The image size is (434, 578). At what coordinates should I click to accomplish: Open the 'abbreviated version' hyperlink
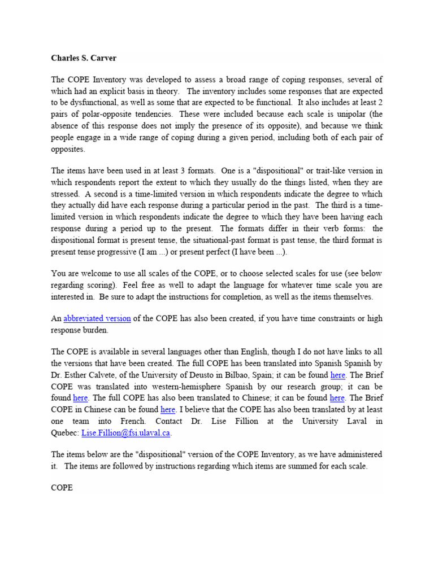(x=97, y=319)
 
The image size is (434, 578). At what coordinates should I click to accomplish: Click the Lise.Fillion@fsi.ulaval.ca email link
(x=126, y=433)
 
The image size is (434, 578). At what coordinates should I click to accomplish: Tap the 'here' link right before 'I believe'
(x=168, y=410)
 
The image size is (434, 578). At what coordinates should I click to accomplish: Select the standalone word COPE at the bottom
(x=62, y=488)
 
